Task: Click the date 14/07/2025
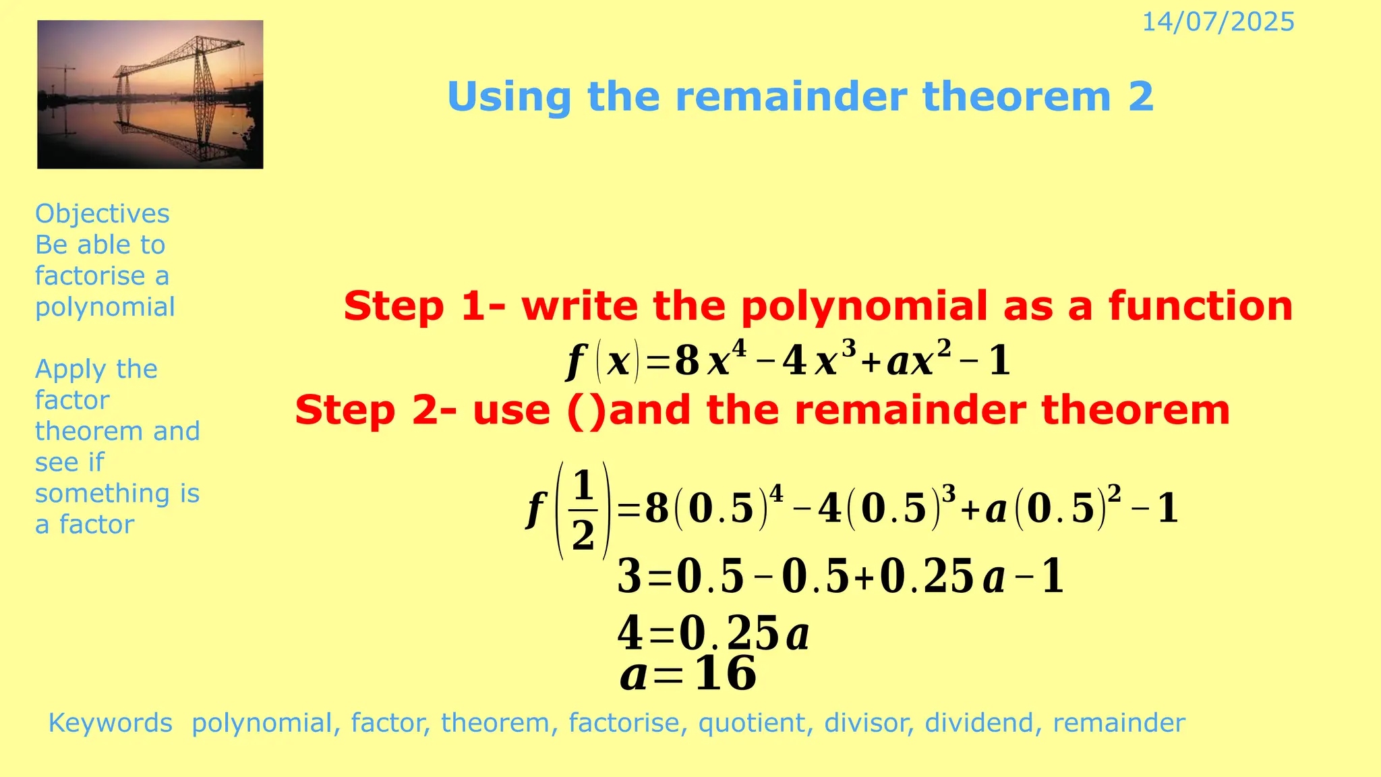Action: pos(1218,22)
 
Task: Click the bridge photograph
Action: pos(150,94)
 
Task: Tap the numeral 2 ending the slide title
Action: pos(1140,96)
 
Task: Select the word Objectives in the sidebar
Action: pos(102,214)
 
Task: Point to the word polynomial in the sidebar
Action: pos(105,307)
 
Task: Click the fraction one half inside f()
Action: pos(583,511)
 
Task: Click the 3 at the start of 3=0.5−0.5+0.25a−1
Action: pos(629,577)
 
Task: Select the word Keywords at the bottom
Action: pos(111,723)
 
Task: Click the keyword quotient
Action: pos(751,723)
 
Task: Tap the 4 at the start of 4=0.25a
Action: pos(630,634)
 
